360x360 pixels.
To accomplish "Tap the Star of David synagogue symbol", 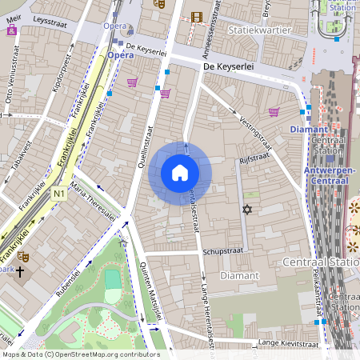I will click(x=246, y=210).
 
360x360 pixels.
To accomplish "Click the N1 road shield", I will click(x=60, y=194).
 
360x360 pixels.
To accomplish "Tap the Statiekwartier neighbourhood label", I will click(x=255, y=30).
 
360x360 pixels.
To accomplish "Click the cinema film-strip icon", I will click(x=197, y=15).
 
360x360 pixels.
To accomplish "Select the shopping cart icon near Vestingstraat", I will click(x=274, y=112).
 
